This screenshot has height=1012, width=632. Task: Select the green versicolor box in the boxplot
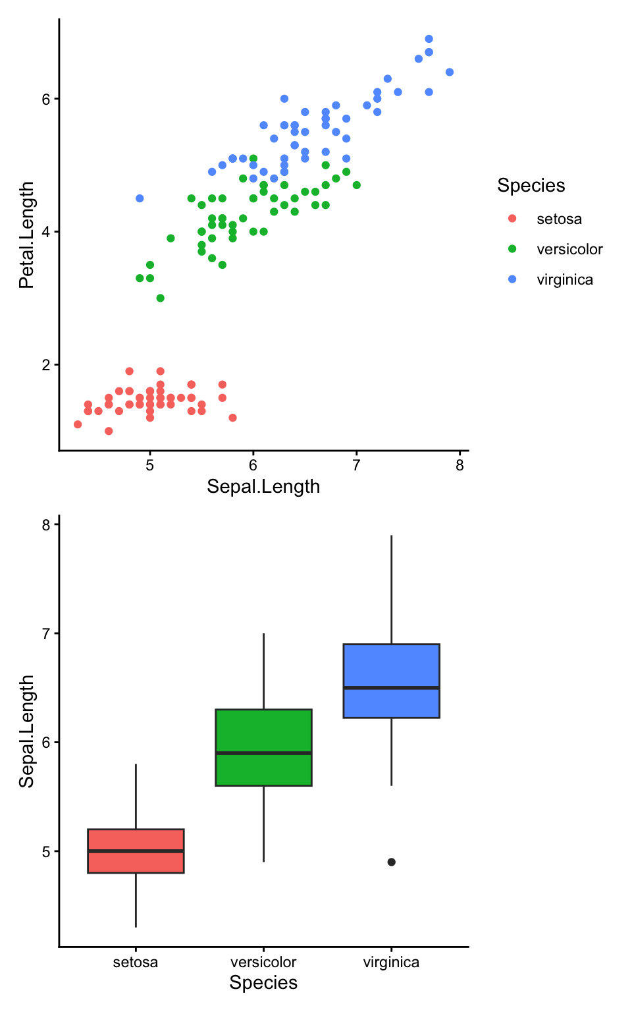tap(263, 731)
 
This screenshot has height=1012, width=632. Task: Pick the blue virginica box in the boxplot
tap(391, 669)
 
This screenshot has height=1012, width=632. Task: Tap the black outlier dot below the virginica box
tap(391, 862)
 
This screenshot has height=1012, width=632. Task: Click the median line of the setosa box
tap(136, 851)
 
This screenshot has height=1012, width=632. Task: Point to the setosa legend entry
tap(558, 219)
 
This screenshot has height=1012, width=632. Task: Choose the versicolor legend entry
tap(569, 249)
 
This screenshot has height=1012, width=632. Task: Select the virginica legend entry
tap(564, 279)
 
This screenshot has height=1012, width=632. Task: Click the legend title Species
tap(531, 186)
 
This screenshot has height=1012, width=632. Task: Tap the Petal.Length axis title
tap(26, 235)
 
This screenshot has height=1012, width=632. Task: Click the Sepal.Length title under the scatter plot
tap(263, 486)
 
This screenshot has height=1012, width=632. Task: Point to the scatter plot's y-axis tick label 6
tap(46, 99)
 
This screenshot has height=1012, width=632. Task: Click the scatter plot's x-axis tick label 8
tap(460, 465)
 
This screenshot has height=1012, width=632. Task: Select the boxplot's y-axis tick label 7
tap(46, 634)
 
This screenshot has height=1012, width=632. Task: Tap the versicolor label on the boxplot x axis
tap(263, 962)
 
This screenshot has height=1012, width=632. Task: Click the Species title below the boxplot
tap(263, 982)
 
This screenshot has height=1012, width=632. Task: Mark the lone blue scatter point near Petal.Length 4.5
tap(140, 198)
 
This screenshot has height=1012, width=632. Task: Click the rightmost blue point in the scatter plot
tap(450, 72)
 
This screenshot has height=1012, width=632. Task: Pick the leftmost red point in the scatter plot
tap(78, 424)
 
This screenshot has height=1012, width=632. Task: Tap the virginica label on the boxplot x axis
tap(391, 962)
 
